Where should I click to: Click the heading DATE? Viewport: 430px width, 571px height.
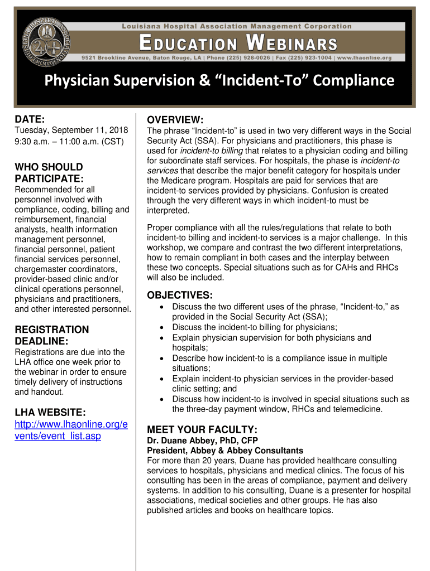(30, 119)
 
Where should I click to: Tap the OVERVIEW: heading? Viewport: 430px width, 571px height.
(175, 120)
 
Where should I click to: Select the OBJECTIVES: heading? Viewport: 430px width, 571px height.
(179, 295)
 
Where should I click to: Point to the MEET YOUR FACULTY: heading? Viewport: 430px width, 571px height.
(202, 429)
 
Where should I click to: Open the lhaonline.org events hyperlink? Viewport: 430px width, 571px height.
(71, 430)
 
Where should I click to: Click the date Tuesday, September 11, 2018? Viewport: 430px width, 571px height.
(71, 130)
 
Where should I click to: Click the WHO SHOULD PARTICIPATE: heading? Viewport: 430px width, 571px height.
(49, 173)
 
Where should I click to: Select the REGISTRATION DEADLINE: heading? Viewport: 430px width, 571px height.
(51, 335)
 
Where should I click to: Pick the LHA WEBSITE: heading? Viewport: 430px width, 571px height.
(50, 412)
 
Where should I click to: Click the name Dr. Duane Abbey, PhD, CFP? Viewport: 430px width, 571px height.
(198, 441)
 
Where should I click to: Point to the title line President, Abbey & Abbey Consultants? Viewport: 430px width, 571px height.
(225, 451)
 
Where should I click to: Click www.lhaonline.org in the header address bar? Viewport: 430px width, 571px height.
(364, 57)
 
